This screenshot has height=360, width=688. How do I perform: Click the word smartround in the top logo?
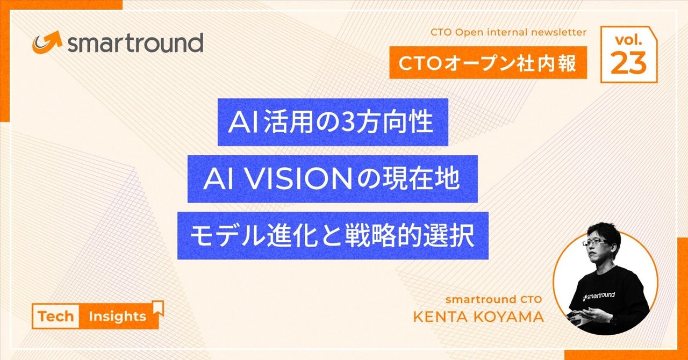135,42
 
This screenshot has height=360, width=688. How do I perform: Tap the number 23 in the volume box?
628,63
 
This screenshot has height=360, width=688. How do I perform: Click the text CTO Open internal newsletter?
508,32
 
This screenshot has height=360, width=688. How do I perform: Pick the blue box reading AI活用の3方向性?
333,122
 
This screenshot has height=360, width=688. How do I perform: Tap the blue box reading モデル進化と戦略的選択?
333,236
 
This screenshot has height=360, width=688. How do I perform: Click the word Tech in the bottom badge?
55,316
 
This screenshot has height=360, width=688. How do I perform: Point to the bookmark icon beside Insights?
157,308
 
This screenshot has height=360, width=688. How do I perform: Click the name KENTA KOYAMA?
478,316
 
